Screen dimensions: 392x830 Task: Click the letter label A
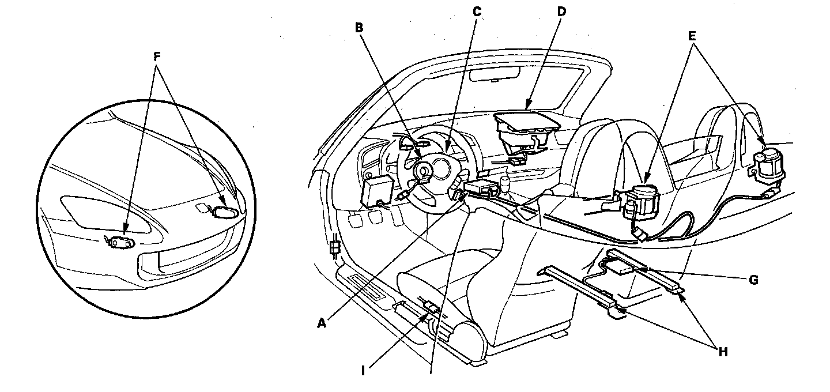click(322, 324)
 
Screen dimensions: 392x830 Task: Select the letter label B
click(359, 27)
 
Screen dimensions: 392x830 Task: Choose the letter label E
click(692, 35)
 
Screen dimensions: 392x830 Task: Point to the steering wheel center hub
click(425, 171)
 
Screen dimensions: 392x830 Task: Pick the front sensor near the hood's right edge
click(224, 212)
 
